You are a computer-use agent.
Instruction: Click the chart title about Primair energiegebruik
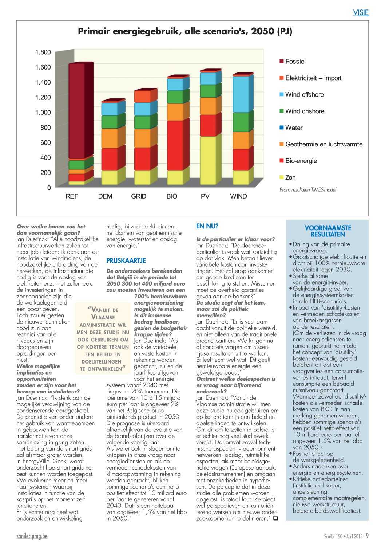point(185,32)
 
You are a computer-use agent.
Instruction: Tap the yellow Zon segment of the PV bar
point(210,160)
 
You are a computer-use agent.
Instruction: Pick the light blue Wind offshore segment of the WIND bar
point(243,94)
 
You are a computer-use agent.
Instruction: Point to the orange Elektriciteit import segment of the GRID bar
point(145,96)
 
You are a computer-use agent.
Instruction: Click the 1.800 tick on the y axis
point(43,52)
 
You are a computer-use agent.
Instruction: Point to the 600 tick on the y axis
point(45,142)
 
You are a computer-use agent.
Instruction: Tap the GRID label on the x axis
point(139,196)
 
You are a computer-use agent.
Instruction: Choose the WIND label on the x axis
point(238,196)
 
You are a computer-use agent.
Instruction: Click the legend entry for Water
point(291,128)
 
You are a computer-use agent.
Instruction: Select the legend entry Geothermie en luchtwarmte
point(321,144)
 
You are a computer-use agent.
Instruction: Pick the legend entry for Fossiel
point(293,61)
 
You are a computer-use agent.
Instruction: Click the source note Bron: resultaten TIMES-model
point(308,189)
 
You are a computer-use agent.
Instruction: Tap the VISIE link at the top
point(361,12)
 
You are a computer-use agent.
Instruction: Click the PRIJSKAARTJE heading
point(126,260)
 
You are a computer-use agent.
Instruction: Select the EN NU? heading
point(207,226)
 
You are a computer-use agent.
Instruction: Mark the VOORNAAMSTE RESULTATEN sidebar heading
point(328,231)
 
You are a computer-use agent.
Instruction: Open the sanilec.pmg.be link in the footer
point(32,536)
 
